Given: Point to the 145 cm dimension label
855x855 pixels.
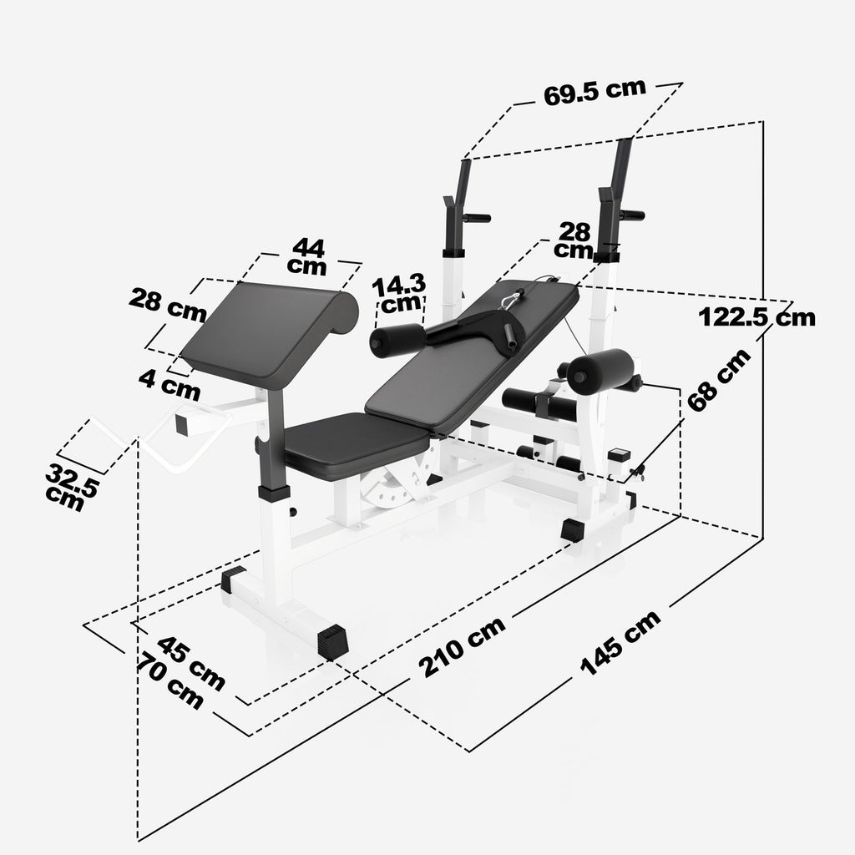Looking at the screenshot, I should click(x=620, y=642).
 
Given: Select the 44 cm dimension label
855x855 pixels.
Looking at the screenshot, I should click(x=308, y=255).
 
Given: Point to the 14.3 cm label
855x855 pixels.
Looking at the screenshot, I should click(x=399, y=292).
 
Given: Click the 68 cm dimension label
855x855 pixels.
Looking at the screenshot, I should click(x=718, y=380).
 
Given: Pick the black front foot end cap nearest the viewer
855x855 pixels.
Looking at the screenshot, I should click(x=332, y=642).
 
